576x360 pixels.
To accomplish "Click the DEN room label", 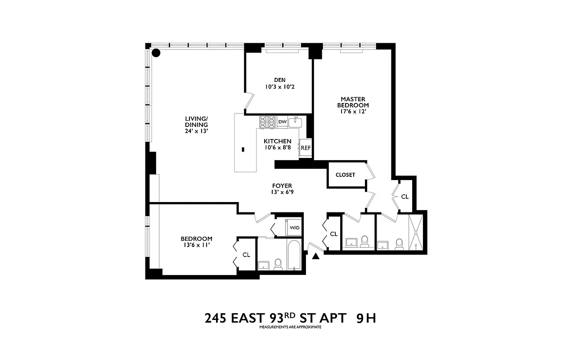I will pos(279,80).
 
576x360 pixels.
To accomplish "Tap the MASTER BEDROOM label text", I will pos(353,102).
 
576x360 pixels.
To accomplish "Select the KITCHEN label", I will pos(277,141).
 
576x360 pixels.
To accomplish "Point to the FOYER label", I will pos(282,185).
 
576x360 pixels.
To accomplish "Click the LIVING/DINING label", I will pos(196,121).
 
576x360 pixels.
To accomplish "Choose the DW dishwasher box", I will pos(282,121).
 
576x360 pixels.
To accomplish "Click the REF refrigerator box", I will pos(306,148).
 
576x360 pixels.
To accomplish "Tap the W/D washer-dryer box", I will pos(294,228).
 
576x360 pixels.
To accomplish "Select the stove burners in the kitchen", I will pos(267,121).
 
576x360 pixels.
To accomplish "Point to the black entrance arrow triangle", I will pos(316,256).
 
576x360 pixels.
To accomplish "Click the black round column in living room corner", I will pos(156,53).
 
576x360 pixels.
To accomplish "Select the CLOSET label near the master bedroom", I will pos(345,175).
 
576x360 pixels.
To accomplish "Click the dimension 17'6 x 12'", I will pos(353,112).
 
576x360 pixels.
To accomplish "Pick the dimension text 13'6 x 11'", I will pos(196,245).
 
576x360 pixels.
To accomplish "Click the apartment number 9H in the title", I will pos(365,318).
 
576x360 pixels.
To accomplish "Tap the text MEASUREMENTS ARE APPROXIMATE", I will pos(290,327).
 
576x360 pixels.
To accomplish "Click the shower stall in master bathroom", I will pos(416,232).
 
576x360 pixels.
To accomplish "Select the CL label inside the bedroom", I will pos(246,255).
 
